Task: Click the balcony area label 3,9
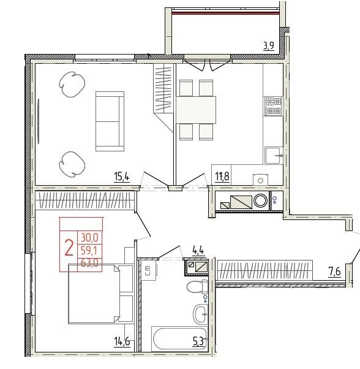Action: pos(269,45)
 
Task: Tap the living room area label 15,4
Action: pos(122,177)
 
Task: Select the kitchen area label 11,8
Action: pos(222,177)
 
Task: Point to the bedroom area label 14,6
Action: pos(122,341)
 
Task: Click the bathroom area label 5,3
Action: pos(198,342)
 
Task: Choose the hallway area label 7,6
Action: pos(335,272)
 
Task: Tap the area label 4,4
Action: pos(198,250)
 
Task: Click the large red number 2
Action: pos(69,248)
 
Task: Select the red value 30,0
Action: pos(89,238)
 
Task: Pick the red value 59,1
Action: pos(89,251)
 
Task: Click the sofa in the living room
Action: pos(110,121)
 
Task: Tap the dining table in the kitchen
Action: pos(196,110)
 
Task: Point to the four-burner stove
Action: pos(273,106)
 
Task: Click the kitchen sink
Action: pos(274,155)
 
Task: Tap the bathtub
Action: pos(180,338)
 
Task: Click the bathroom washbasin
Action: pos(200,314)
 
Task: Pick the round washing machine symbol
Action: pos(261,200)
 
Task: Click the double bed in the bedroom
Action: pos(100,294)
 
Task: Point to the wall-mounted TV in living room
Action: pos(39,121)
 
